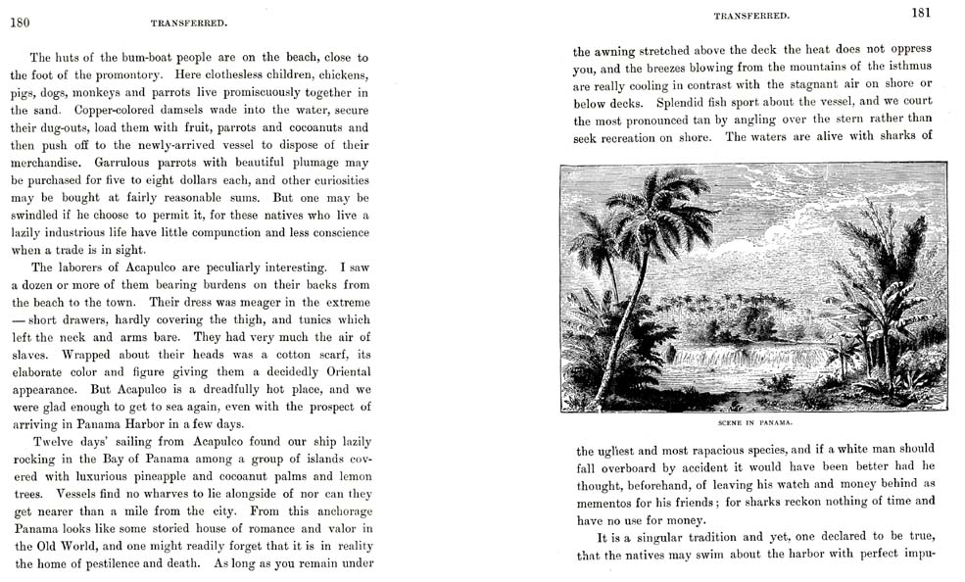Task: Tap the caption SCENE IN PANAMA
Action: click(753, 423)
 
